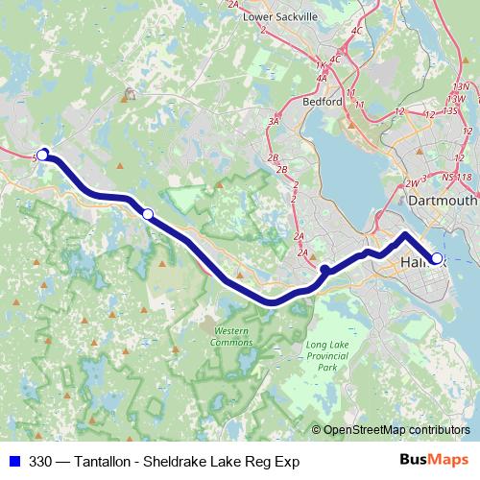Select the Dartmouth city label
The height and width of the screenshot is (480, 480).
point(442,201)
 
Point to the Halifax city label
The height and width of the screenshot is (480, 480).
point(419,259)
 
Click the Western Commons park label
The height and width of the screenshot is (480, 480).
point(230,337)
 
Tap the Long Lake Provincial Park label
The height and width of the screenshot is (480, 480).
point(327,355)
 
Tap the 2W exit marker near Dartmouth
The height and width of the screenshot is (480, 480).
point(413,181)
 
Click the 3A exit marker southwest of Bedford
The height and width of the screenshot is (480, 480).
point(275,122)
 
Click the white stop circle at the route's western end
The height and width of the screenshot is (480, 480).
point(42,154)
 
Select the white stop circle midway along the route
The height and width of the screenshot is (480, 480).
point(148,214)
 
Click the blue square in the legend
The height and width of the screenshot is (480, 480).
point(13,462)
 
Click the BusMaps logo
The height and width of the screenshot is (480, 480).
point(433,462)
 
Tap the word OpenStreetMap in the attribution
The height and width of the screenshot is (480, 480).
point(364,429)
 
